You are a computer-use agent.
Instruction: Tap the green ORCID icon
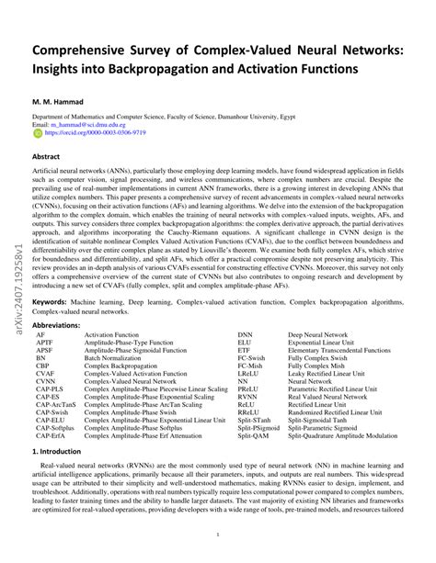37,132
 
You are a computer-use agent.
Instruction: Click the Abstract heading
47,157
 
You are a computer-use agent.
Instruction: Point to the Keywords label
52,301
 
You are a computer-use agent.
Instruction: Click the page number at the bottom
217,535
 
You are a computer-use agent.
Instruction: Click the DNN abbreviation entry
245,336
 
